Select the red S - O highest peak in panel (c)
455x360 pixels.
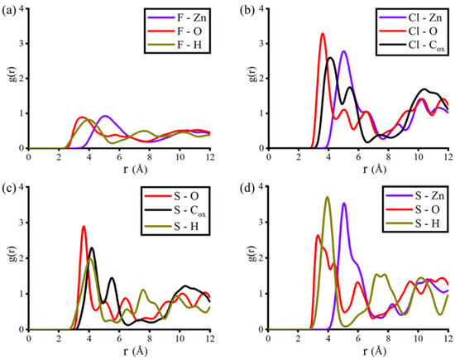84,227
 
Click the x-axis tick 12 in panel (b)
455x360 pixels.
448,156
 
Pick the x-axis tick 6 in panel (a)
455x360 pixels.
119,156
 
